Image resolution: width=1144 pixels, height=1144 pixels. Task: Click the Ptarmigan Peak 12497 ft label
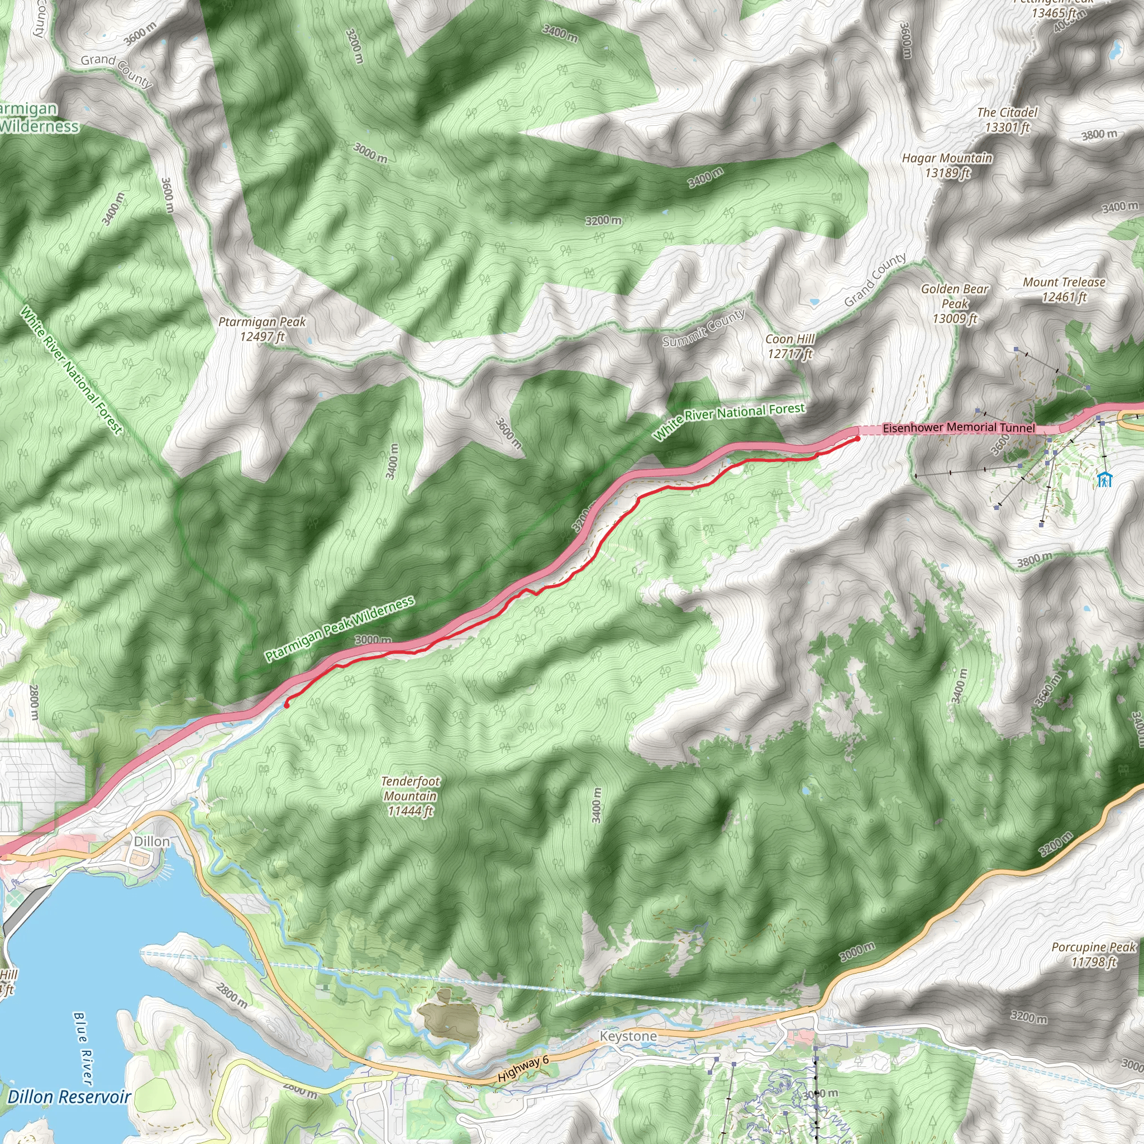tap(262, 328)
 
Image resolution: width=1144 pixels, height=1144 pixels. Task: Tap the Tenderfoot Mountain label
tap(411, 797)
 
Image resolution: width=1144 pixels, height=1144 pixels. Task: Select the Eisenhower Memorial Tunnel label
tap(958, 427)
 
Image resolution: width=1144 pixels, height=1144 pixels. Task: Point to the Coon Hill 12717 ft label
tap(790, 346)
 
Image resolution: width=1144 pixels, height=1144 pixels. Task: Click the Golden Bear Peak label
tap(955, 304)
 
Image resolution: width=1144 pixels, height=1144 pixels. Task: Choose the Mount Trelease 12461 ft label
tap(1064, 289)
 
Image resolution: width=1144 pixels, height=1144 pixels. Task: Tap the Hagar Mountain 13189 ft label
tap(947, 165)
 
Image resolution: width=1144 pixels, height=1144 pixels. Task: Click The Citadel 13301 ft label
tap(1007, 119)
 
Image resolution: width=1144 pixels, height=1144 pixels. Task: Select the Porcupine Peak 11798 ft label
tap(1094, 955)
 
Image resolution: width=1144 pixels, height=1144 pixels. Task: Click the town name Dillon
tap(151, 841)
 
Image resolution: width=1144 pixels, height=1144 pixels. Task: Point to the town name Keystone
tap(628, 1036)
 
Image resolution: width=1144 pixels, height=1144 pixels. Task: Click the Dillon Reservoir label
tap(69, 1097)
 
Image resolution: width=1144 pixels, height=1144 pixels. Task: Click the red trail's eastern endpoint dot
tap(857, 438)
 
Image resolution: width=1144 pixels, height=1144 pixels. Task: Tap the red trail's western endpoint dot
tap(287, 706)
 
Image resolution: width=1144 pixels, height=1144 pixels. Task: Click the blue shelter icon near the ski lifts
tap(1104, 480)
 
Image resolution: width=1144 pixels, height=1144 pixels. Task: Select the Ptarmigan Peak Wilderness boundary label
tap(339, 629)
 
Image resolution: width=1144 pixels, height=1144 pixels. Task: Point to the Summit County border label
tap(703, 328)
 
